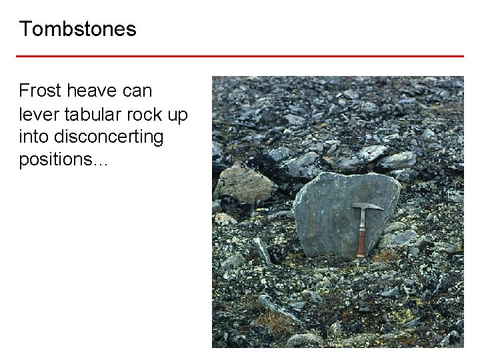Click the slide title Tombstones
click(x=77, y=29)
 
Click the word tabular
click(x=91, y=114)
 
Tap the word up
click(x=178, y=115)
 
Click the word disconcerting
click(x=107, y=138)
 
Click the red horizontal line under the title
click(x=240, y=56)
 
